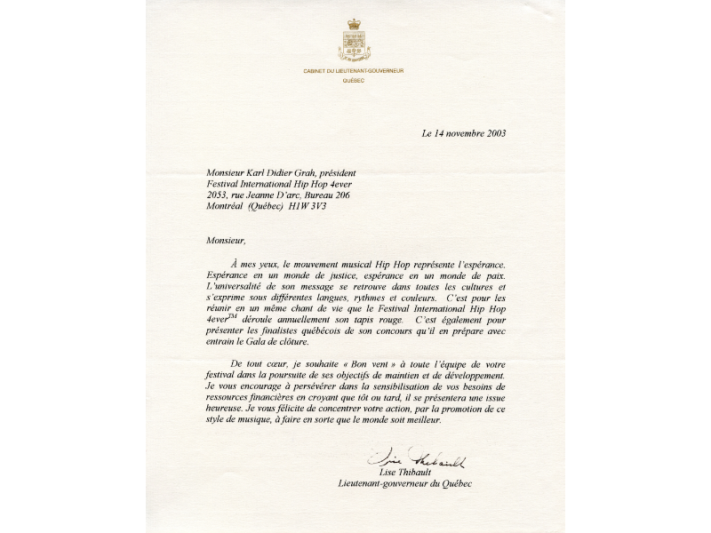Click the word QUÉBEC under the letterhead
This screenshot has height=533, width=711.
click(x=355, y=80)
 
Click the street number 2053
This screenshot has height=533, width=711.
click(x=219, y=195)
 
